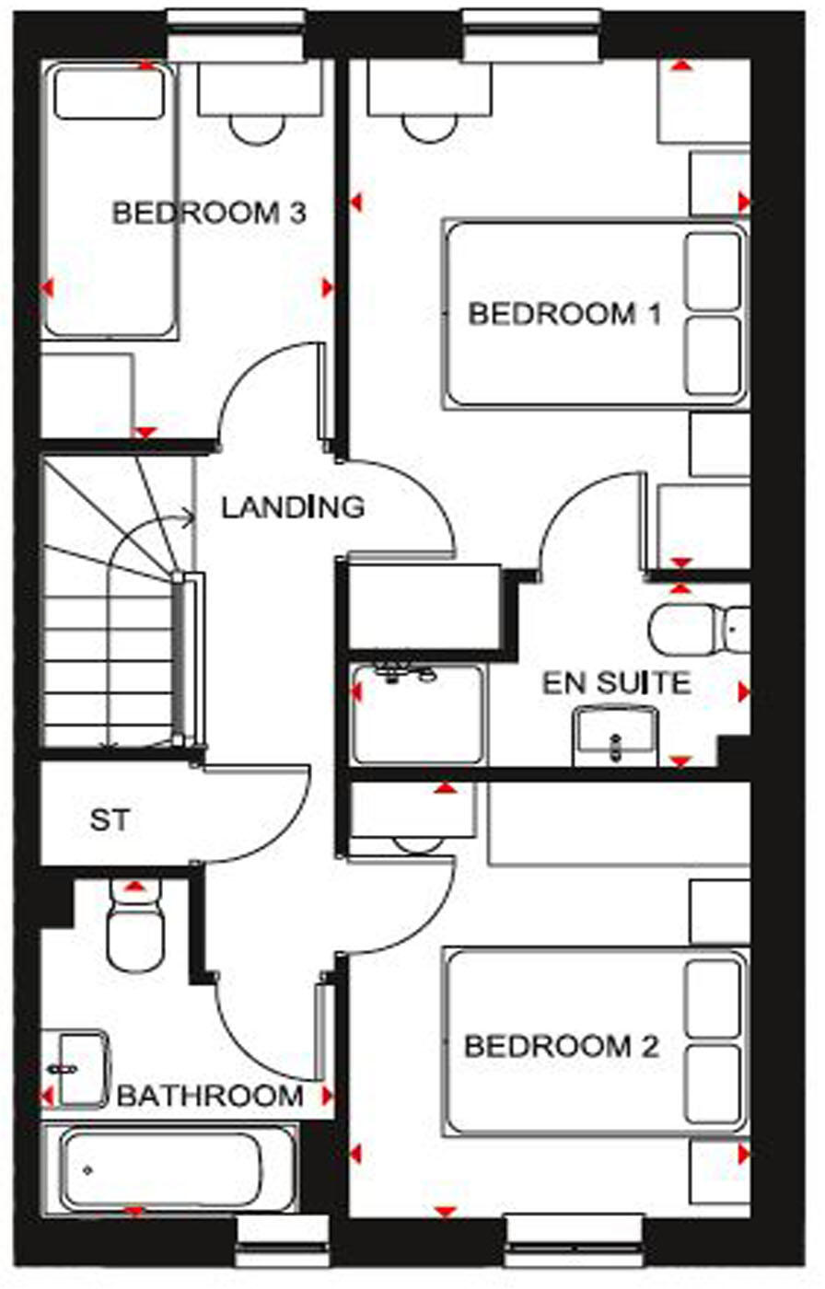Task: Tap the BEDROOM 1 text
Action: (x=564, y=314)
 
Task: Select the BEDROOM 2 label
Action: (x=561, y=1047)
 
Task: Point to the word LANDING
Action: (x=293, y=507)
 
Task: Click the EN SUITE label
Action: (x=616, y=683)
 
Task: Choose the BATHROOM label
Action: (x=210, y=1097)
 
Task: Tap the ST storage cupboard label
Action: (x=109, y=819)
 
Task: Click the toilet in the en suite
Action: (x=696, y=629)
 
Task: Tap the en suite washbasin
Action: (x=615, y=734)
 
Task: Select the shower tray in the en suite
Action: (x=417, y=714)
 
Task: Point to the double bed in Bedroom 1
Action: (x=595, y=313)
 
